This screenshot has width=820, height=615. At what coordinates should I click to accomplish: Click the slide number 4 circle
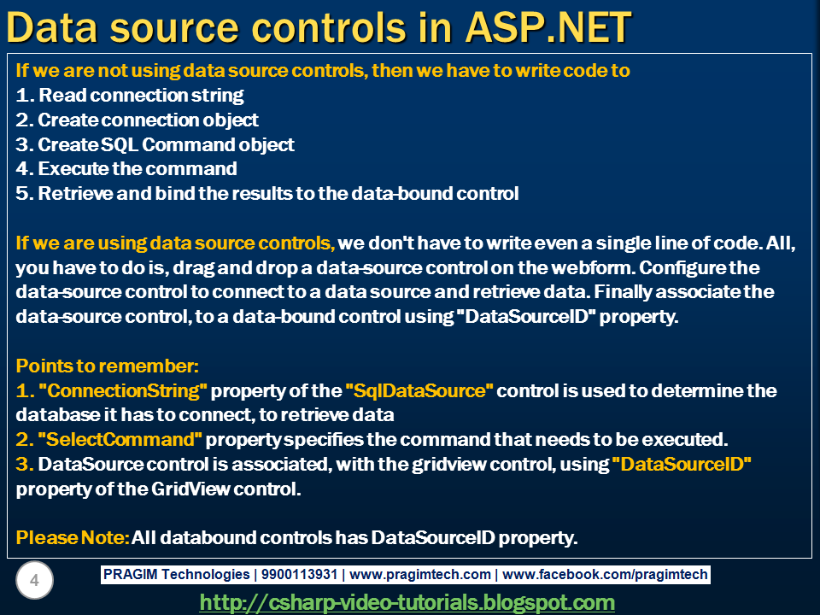34,582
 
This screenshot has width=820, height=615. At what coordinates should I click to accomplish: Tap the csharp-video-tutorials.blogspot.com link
407,602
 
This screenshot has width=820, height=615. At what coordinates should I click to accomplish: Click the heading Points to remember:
108,366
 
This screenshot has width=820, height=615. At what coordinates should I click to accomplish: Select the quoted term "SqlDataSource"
419,391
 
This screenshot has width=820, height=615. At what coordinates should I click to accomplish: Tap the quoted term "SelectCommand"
119,440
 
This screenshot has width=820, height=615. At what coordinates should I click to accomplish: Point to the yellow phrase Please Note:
73,538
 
